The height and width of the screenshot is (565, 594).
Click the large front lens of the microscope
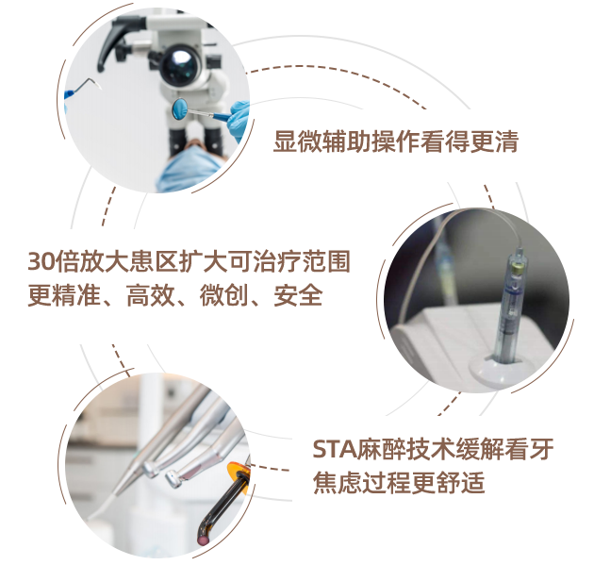point(180,65)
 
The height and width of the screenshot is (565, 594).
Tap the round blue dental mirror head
point(179,108)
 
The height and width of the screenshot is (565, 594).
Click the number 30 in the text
point(41,261)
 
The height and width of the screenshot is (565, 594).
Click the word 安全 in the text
point(298,295)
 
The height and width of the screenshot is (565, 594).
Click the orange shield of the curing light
point(238,473)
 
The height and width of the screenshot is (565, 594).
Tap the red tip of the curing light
point(204,540)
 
